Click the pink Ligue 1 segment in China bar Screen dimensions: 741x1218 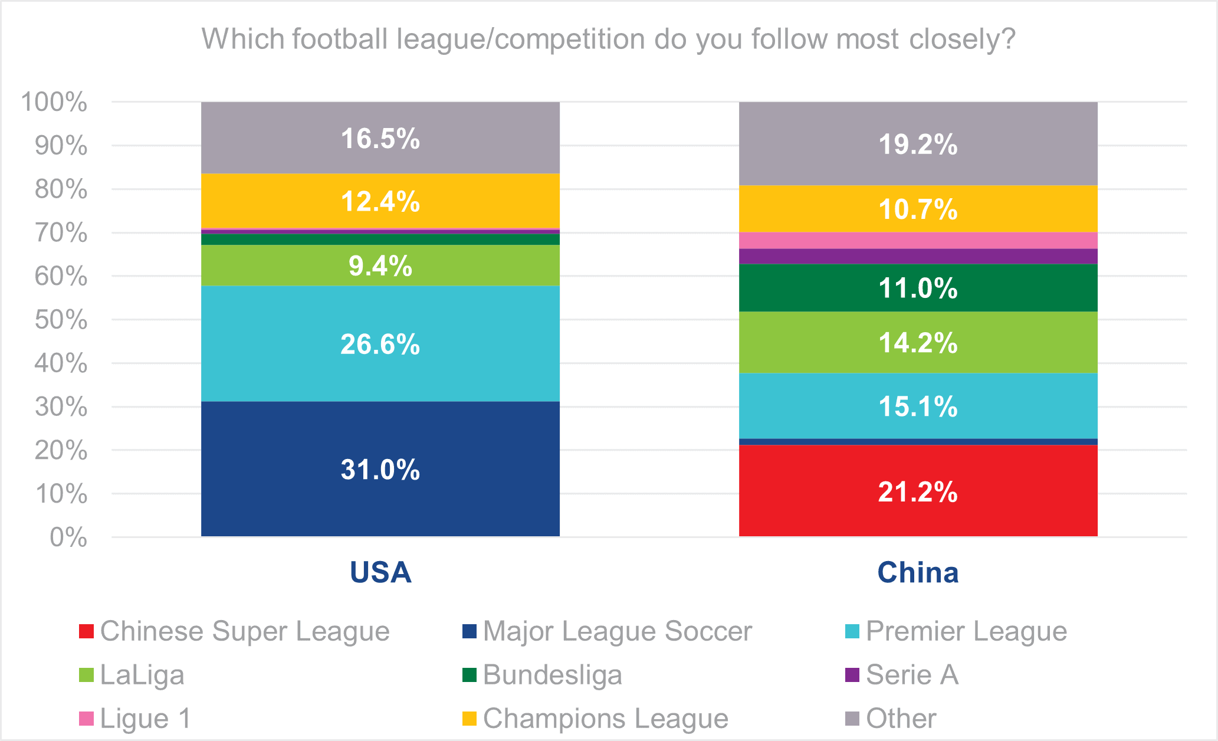click(x=918, y=241)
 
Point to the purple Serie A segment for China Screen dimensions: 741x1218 click(x=918, y=257)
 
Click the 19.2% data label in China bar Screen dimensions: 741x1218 click(x=918, y=145)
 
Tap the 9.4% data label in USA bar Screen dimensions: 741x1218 click(x=380, y=266)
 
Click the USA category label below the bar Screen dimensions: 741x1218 click(x=380, y=572)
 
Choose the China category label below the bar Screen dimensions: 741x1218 click(x=918, y=572)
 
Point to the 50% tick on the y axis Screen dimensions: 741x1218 click(x=61, y=320)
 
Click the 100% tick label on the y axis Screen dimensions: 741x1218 click(x=54, y=102)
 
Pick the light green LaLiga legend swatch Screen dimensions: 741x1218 click(x=87, y=675)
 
